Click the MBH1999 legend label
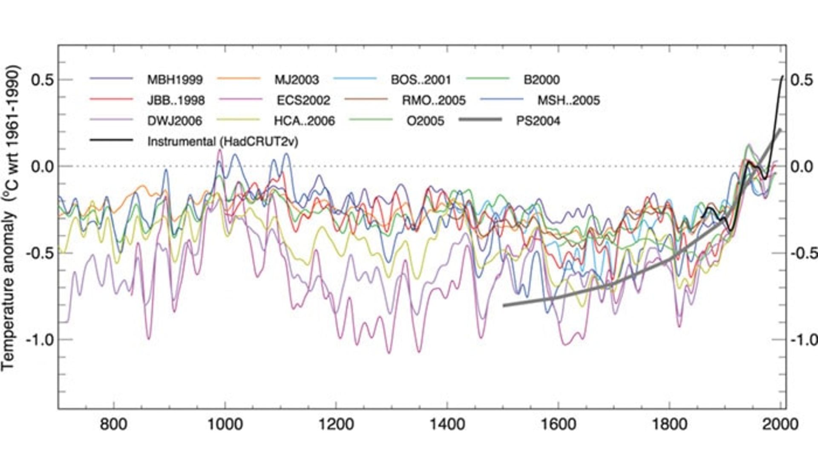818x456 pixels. (175, 80)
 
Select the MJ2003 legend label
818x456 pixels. (297, 80)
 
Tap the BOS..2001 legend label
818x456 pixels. (421, 80)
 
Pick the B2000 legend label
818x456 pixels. (541, 80)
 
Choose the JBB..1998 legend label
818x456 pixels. (176, 101)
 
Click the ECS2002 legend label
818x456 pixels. (303, 101)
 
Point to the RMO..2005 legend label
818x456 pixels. (434, 101)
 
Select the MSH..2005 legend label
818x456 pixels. (568, 101)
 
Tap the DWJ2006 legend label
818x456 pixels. (175, 121)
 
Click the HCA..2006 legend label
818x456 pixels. (304, 121)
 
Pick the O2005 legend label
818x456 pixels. (425, 121)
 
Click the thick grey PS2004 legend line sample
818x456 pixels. (481, 121)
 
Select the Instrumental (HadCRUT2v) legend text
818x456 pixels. (222, 141)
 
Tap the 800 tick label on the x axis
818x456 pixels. (114, 424)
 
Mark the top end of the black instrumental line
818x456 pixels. (782, 77)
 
